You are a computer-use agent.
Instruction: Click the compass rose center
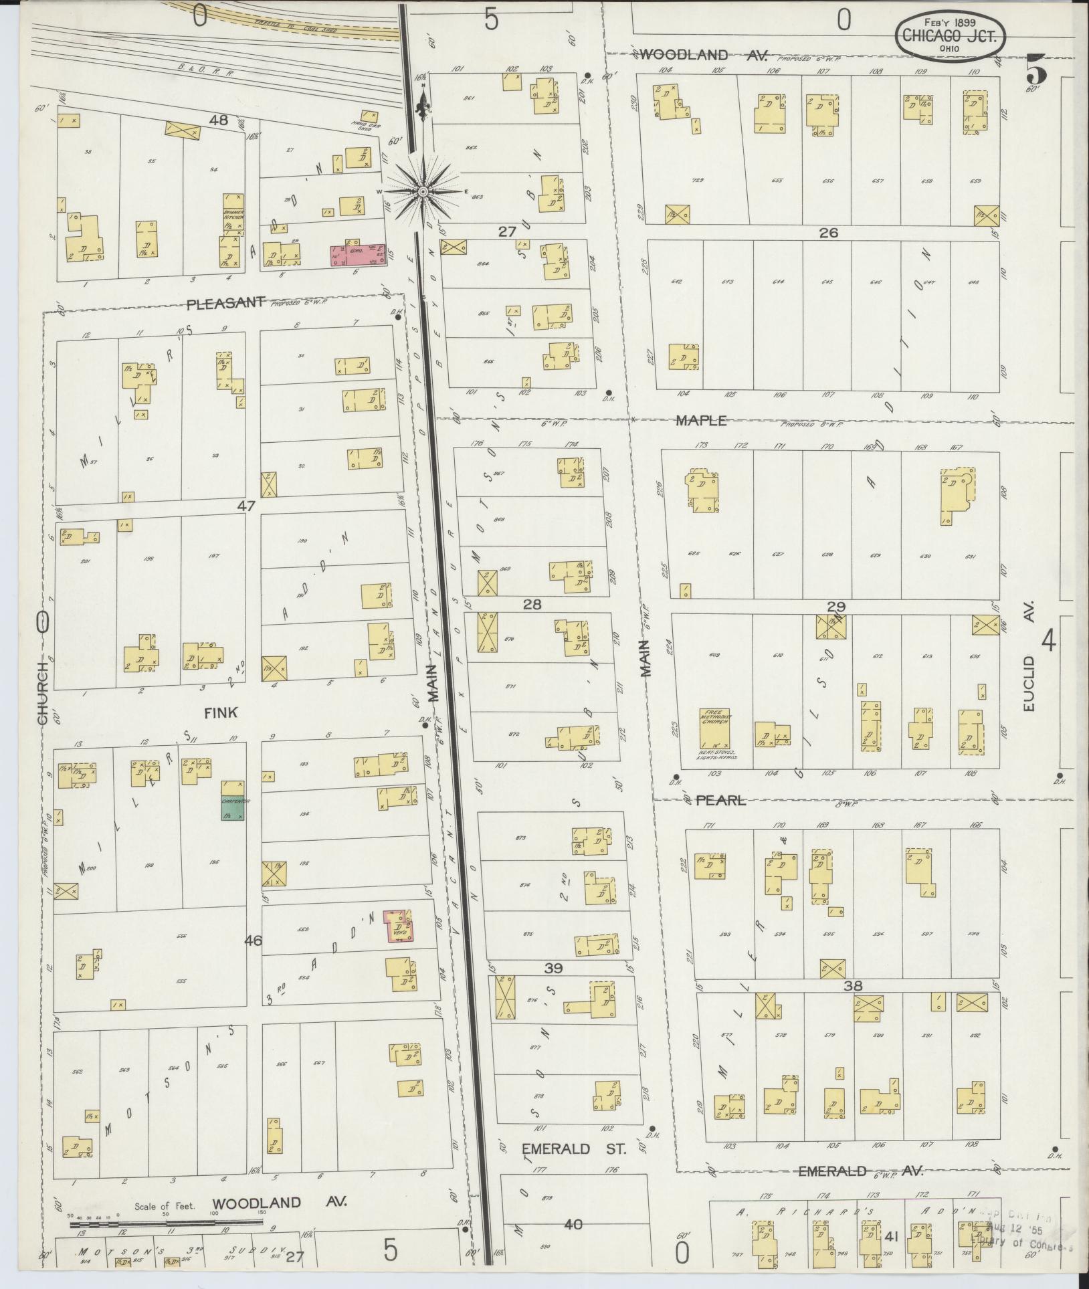(x=423, y=192)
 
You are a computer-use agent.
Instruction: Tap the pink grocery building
(x=358, y=254)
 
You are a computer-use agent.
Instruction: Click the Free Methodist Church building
(x=714, y=728)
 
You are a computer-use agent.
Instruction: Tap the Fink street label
(x=221, y=713)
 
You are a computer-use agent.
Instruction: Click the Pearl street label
(x=720, y=800)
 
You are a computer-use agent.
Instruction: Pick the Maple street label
(x=700, y=421)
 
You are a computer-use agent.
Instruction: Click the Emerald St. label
(x=573, y=1149)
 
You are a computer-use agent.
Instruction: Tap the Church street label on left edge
(x=43, y=692)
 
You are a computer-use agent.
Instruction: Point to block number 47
(x=246, y=506)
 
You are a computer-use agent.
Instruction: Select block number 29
(x=836, y=607)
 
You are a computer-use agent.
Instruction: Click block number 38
(x=853, y=985)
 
